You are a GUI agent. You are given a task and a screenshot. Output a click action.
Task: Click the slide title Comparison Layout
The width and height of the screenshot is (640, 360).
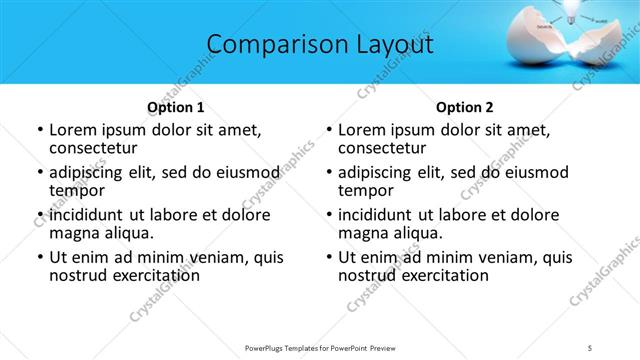point(320,44)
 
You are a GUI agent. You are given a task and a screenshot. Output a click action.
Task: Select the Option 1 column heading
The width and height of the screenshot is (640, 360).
point(175,107)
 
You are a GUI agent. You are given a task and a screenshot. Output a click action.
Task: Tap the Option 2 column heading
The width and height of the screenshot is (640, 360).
point(464,107)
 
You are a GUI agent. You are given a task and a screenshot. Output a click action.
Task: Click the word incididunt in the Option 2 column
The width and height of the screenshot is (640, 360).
point(375,215)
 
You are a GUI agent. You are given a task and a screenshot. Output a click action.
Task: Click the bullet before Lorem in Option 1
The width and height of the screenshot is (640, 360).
point(38,130)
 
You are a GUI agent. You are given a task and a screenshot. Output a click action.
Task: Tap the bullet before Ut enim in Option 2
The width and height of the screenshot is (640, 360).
point(327,257)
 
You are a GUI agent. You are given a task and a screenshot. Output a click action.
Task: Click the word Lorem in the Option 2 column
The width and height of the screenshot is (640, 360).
point(363,130)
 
